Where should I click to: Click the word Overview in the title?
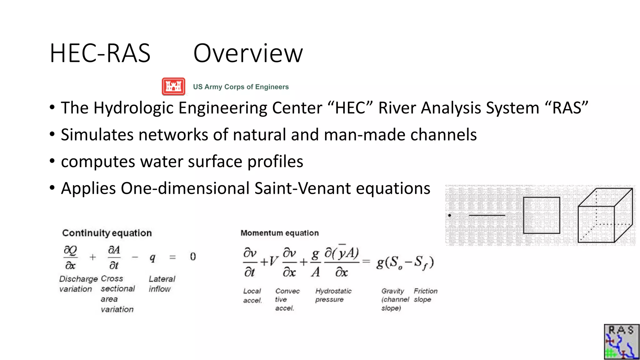(x=248, y=53)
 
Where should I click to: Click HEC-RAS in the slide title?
(x=100, y=53)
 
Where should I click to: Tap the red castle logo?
(x=173, y=87)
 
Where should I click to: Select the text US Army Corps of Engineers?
(x=241, y=87)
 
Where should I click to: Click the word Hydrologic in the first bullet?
(x=134, y=108)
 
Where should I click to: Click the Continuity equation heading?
(x=107, y=233)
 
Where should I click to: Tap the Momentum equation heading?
(x=280, y=233)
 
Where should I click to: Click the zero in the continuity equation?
(x=193, y=257)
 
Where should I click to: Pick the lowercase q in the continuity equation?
(x=152, y=257)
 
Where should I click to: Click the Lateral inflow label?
(x=162, y=284)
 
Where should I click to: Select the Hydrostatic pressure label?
(x=333, y=295)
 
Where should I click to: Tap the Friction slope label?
(x=425, y=295)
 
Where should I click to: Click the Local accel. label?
(x=252, y=296)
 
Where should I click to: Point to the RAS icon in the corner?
(x=622, y=342)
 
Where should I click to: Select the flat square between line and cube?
(x=542, y=215)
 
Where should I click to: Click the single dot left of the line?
(x=450, y=215)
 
